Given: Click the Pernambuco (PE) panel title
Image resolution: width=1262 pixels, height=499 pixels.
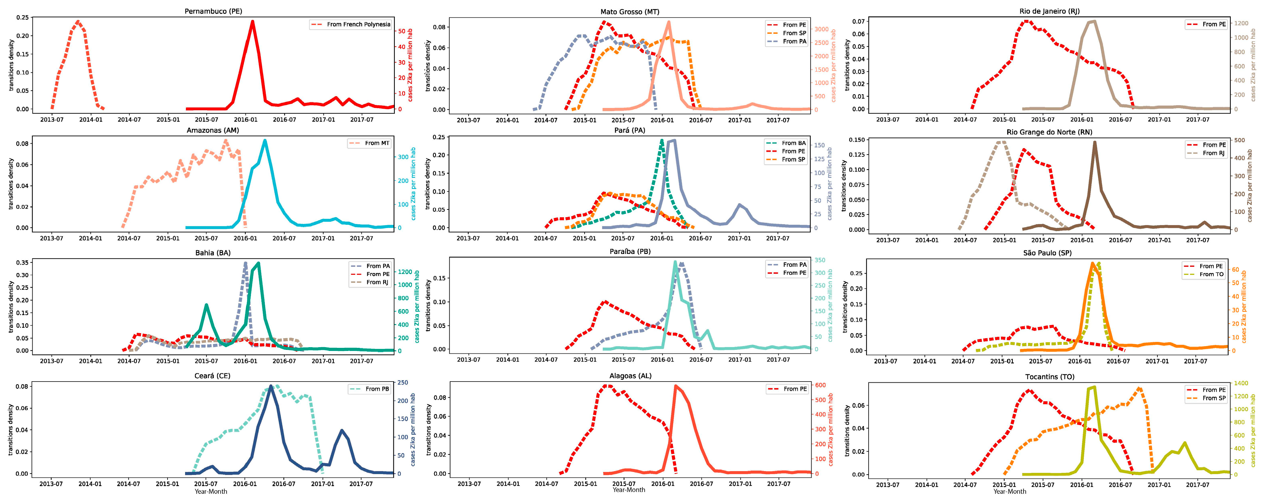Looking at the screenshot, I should coord(213,11).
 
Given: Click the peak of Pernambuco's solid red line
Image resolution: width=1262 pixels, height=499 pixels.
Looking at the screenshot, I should coord(252,21).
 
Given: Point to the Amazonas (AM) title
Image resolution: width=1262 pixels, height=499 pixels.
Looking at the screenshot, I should coord(213,130).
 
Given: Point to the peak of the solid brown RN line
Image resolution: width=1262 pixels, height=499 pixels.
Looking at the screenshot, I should coord(1094,142).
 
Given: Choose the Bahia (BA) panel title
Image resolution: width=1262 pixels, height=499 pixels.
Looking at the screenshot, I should coord(213,253).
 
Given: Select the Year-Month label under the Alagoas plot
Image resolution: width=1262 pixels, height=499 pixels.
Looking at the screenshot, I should coord(628,490).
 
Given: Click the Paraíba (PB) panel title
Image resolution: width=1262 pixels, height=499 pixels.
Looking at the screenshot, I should coord(629,251).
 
